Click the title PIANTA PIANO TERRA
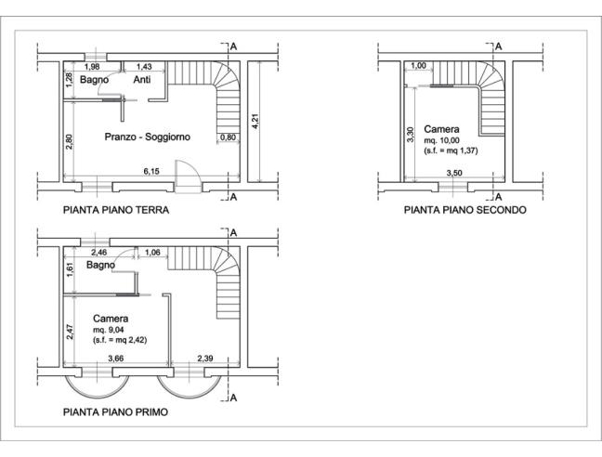(116, 210)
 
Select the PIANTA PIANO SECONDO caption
(465, 210)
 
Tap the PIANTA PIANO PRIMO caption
(115, 412)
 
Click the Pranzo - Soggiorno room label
(148, 137)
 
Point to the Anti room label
(142, 80)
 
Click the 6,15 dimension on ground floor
(151, 171)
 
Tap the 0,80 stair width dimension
(229, 137)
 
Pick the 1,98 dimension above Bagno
(92, 67)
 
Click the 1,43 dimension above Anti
(144, 67)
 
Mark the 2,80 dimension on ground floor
(70, 141)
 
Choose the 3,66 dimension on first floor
(115, 359)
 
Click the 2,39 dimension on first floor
(205, 359)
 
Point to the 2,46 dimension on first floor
(99, 253)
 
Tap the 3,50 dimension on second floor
(454, 173)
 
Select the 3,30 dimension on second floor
(411, 135)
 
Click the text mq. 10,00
(441, 140)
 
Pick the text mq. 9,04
(109, 330)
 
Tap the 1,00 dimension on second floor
(418, 66)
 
